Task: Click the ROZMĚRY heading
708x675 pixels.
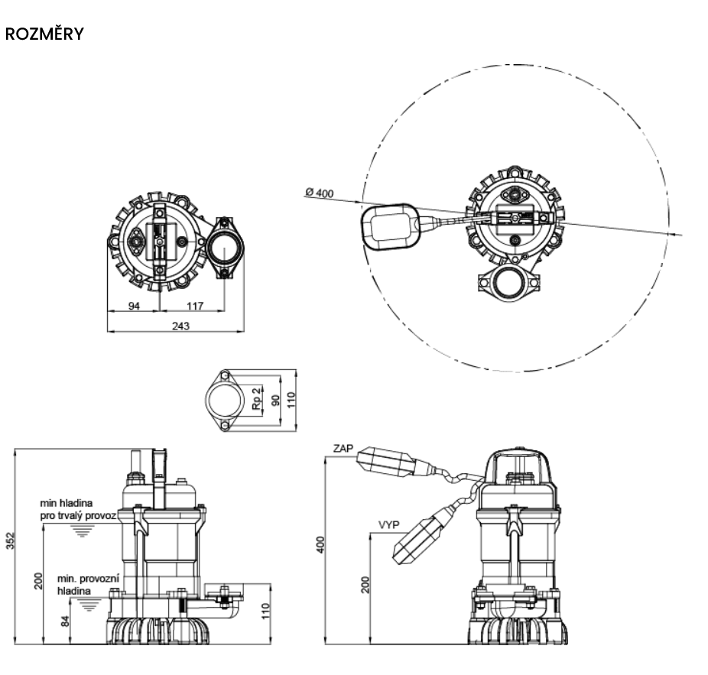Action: tap(44, 34)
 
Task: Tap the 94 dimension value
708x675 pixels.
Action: tap(134, 306)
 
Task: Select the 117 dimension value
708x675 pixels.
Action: tap(195, 306)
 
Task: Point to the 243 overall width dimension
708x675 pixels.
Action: tap(180, 326)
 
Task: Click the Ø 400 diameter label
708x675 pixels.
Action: tap(320, 193)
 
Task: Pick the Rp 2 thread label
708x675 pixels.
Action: tap(256, 398)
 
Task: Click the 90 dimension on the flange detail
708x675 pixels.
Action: tap(276, 400)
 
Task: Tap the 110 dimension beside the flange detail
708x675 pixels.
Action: tap(291, 400)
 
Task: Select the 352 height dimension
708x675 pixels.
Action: tap(11, 541)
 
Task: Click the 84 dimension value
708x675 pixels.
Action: tap(66, 621)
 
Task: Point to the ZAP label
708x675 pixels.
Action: tap(343, 449)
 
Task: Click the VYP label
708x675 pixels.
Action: tap(388, 524)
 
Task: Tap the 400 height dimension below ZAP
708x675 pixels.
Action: tap(320, 545)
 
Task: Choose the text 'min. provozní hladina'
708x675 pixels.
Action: tap(88, 585)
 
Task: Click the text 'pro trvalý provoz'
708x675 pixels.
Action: tap(78, 515)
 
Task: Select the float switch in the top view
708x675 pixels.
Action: tap(390, 226)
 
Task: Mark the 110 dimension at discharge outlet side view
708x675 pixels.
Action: tap(266, 611)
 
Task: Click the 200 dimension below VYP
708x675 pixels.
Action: tap(365, 584)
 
